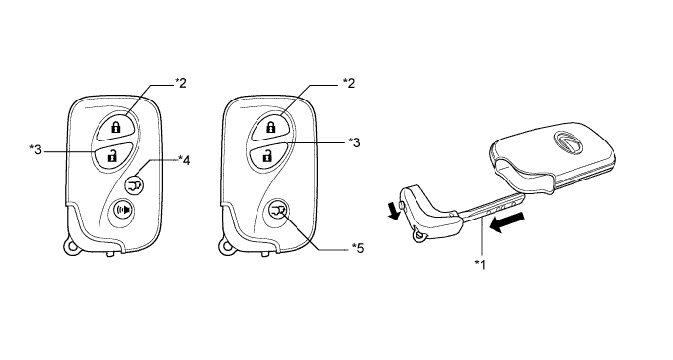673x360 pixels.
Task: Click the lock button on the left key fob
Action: click(x=114, y=127)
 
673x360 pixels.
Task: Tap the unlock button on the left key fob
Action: click(x=112, y=156)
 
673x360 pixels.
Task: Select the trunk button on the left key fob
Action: click(x=135, y=185)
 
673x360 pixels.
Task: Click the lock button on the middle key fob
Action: click(x=270, y=127)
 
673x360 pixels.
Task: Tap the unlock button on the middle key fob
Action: click(x=268, y=156)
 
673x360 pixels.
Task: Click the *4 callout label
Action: click(x=184, y=160)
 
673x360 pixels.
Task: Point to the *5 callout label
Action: click(x=358, y=248)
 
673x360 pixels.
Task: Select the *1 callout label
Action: click(x=480, y=264)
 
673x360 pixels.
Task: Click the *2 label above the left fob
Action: click(x=180, y=83)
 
